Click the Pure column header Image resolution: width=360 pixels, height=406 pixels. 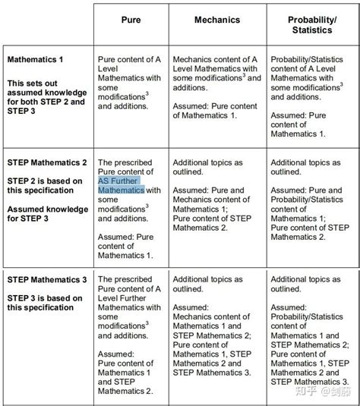(131, 20)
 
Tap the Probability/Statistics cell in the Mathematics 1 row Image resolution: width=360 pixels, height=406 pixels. (311, 95)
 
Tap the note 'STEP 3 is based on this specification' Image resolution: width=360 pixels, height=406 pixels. (44, 303)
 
